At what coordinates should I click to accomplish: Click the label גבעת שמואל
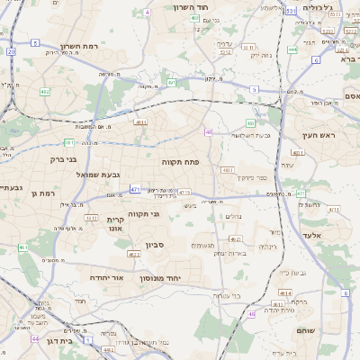pyautogui.click(x=98, y=174)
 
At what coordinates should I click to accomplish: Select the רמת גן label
pyautogui.click(x=43, y=193)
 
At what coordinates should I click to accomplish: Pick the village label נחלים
pyautogui.click(x=232, y=216)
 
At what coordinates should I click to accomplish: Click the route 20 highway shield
pyautogui.click(x=10, y=51)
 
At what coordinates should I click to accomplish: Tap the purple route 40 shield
pyautogui.click(x=209, y=132)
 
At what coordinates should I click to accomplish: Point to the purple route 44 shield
pyautogui.click(x=34, y=339)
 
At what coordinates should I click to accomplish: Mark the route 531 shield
pyautogui.click(x=289, y=12)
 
